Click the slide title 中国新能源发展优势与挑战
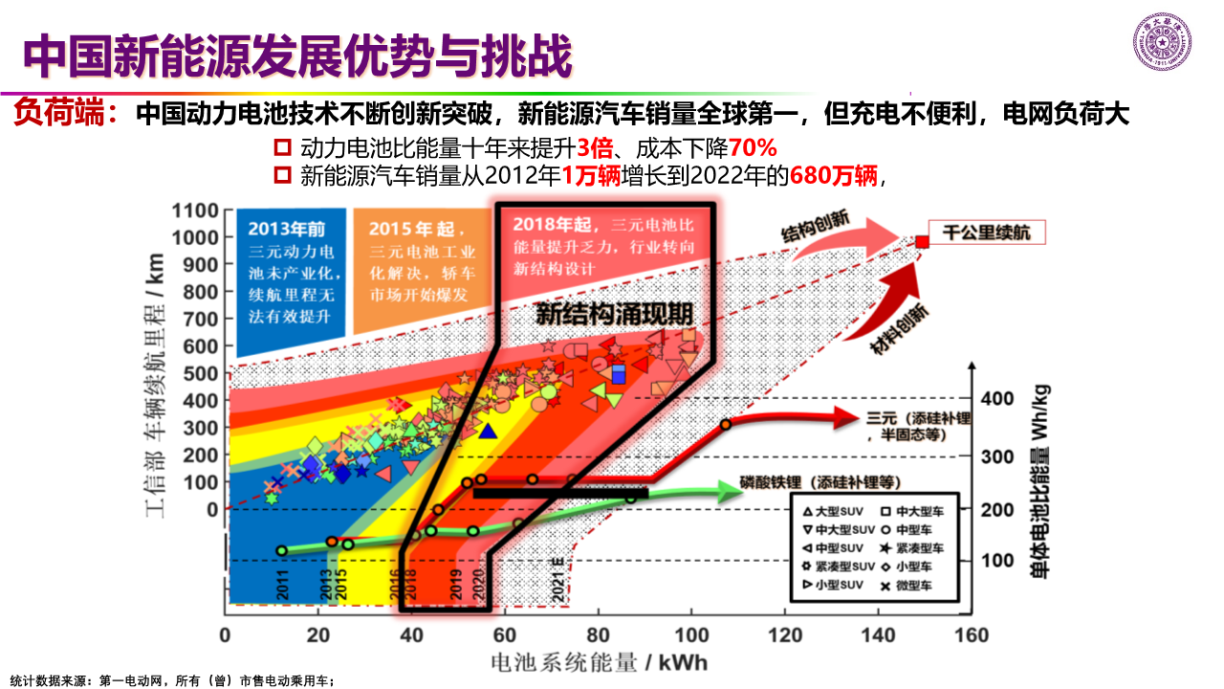[296, 57]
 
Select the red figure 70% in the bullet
[753, 148]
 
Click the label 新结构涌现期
[613, 315]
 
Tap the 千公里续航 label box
[987, 233]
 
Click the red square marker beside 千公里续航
[922, 242]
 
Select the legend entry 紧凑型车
[910, 549]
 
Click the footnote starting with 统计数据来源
[172, 680]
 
